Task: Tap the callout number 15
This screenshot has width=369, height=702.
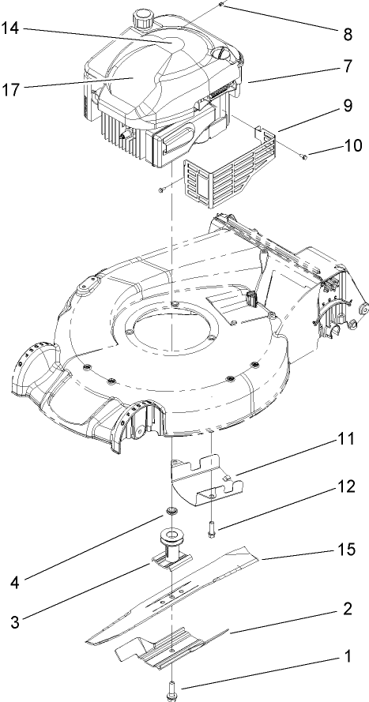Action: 347,546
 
